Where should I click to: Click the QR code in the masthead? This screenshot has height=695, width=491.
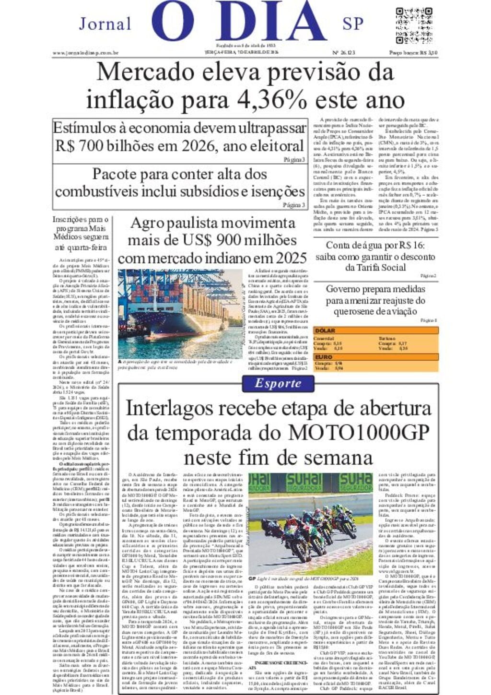pyautogui.click(x=414, y=25)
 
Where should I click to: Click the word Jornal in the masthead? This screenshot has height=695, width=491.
pyautogui.click(x=105, y=24)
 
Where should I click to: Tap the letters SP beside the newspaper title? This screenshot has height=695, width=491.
pyautogui.click(x=353, y=24)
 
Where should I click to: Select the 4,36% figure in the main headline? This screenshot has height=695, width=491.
pyautogui.click(x=272, y=100)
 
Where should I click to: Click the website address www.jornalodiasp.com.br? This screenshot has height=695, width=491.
pyautogui.click(x=85, y=53)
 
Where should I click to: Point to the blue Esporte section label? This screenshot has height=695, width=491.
pyautogui.click(x=278, y=383)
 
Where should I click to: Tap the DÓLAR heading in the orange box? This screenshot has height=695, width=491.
pyautogui.click(x=325, y=330)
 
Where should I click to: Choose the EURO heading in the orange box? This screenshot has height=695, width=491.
pyautogui.click(x=324, y=357)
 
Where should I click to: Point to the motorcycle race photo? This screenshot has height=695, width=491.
pyautogui.click(x=310, y=523)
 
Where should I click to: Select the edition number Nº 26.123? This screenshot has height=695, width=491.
pyautogui.click(x=343, y=53)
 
